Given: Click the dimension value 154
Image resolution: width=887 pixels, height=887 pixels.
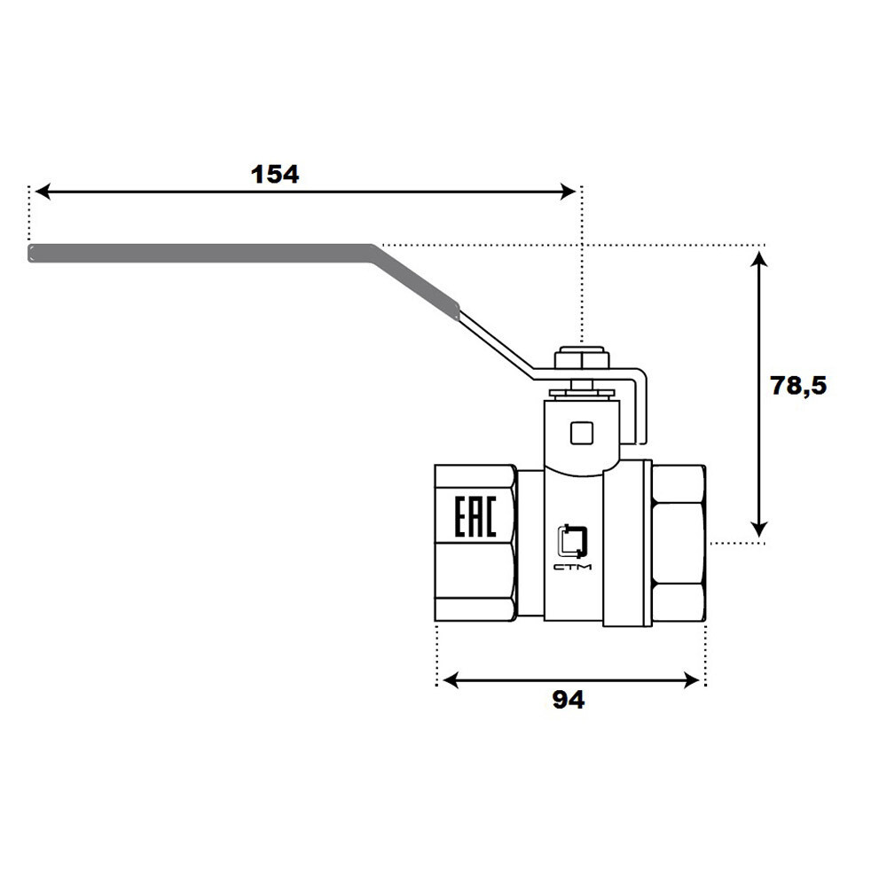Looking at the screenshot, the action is pos(275,174).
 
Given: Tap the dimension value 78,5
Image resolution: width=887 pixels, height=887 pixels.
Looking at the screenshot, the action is pos(798,386).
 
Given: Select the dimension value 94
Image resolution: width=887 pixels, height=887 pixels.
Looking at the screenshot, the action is pos(568,700).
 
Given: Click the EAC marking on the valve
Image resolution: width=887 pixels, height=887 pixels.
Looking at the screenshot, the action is pos(475,516).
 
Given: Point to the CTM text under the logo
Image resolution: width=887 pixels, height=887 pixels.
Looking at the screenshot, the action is pos(572,567).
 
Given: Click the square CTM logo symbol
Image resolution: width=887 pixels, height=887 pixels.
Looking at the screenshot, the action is pos(572,541).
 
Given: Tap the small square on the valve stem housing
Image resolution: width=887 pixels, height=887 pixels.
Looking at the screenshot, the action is pos(582,433).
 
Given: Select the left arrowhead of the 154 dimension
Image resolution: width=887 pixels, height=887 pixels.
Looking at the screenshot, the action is pos(43,192).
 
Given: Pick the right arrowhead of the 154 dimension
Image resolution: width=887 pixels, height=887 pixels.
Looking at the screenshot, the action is pos(568,192).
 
